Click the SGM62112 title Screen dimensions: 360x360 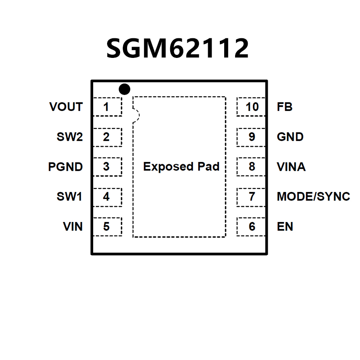point(178,48)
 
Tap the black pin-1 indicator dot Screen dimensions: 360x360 point(124,89)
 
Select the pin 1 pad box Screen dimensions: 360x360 point(108,107)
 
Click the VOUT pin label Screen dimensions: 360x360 point(66,107)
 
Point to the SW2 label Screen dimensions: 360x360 point(70,137)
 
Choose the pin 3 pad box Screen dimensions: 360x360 point(108,167)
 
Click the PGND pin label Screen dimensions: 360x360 point(65,167)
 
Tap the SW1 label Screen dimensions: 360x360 point(70,197)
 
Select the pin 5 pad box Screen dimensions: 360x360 point(108,226)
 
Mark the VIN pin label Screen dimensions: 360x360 point(73,227)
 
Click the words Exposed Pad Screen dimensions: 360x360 point(181,167)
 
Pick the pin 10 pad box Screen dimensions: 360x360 point(251,107)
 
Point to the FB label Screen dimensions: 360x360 point(285,107)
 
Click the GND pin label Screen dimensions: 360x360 point(290,137)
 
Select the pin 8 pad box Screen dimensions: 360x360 point(251,167)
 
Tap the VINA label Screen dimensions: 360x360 point(291,167)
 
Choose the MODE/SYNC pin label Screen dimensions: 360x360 point(313,197)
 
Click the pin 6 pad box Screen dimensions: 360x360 point(251,226)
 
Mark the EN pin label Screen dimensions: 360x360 point(285,227)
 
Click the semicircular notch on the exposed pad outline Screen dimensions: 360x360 point(136,115)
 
